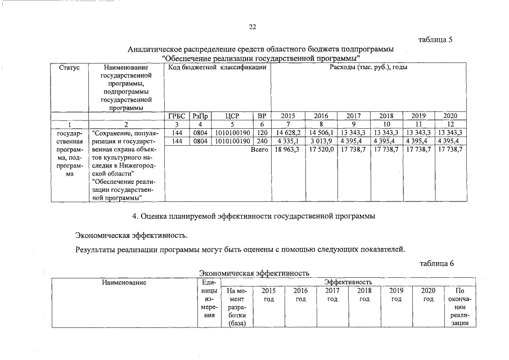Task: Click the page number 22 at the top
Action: [x=252, y=27]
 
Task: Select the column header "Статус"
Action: [x=69, y=67]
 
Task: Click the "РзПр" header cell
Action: [x=200, y=116]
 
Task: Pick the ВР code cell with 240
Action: [x=262, y=141]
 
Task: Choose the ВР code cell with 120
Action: [x=262, y=133]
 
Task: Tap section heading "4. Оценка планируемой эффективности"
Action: [x=253, y=215]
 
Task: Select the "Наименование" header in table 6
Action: [x=124, y=282]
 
